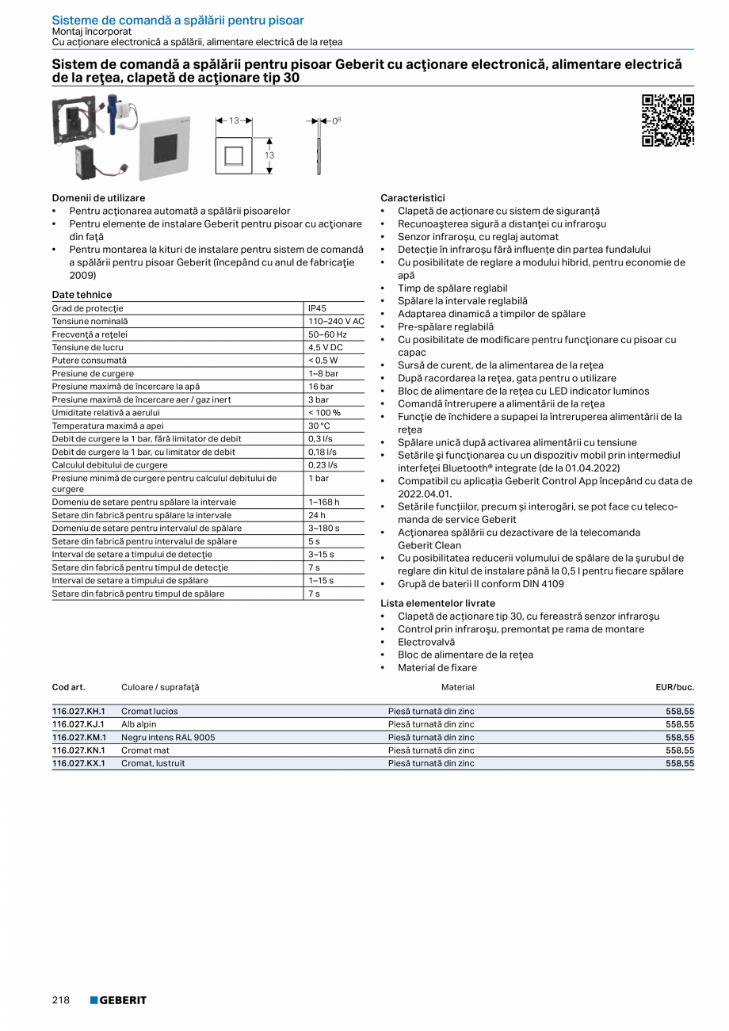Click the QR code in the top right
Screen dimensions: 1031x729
(x=667, y=120)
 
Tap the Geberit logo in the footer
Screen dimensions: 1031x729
(x=118, y=1000)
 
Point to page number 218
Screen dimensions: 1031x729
(x=61, y=1000)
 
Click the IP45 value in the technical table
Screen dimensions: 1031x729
(x=317, y=308)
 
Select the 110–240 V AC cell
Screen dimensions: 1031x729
(x=335, y=321)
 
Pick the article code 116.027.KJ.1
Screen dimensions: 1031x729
(x=78, y=724)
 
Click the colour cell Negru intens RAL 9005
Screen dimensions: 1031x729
(x=168, y=737)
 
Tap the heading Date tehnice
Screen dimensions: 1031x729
(x=82, y=295)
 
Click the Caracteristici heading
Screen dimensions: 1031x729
(x=413, y=198)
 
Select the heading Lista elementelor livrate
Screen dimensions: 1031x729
(x=437, y=603)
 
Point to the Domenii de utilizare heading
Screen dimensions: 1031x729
(x=98, y=198)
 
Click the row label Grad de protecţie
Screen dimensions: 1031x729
(x=88, y=308)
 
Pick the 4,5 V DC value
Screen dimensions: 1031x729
(x=325, y=347)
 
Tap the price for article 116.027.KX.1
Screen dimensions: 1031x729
(x=680, y=763)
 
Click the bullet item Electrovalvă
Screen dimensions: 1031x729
(x=426, y=642)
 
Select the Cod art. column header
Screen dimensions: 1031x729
(x=68, y=687)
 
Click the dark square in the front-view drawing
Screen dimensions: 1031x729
(x=234, y=155)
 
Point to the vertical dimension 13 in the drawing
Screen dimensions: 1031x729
(x=269, y=155)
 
